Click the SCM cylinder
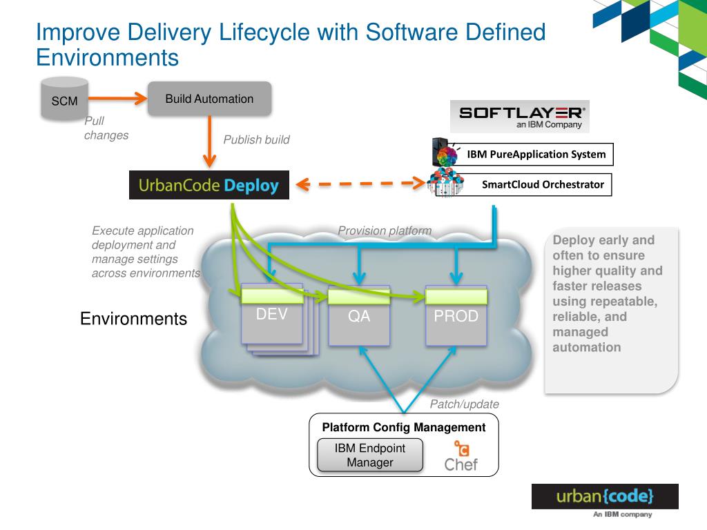click(x=64, y=99)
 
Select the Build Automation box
click(x=210, y=99)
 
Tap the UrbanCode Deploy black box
click(x=209, y=185)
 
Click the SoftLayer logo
click(x=520, y=116)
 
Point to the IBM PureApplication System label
click(x=536, y=154)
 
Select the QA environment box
click(x=359, y=315)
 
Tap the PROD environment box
click(x=456, y=315)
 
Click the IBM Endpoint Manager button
click(x=370, y=455)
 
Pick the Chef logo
click(x=461, y=456)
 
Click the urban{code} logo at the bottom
click(x=605, y=497)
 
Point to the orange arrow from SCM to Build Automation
click(x=117, y=98)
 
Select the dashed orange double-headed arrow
click(x=360, y=184)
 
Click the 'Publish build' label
click(x=257, y=139)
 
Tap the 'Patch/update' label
click(x=465, y=404)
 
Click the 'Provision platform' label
click(x=385, y=230)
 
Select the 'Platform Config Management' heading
click(x=403, y=427)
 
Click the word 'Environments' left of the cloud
click(x=133, y=319)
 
